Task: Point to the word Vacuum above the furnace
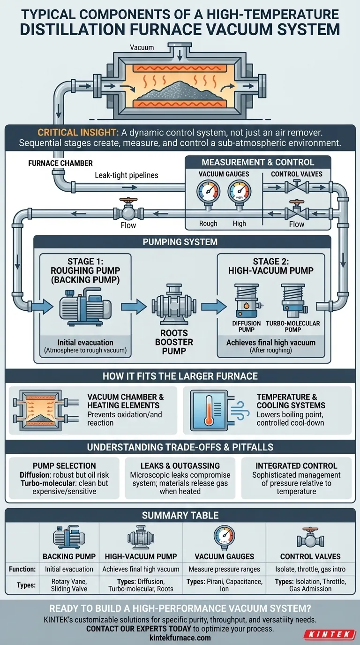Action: (x=142, y=47)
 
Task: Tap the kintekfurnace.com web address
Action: (x=180, y=637)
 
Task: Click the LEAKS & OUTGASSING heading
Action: (x=180, y=465)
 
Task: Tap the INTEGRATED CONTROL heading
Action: (x=296, y=465)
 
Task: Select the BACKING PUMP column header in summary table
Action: (x=69, y=556)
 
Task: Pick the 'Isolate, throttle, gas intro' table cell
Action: (x=310, y=569)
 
